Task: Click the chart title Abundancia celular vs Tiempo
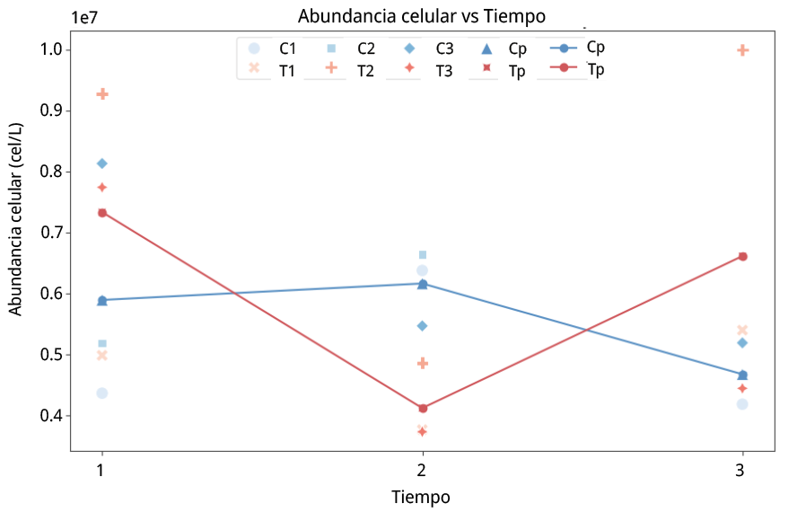[422, 16]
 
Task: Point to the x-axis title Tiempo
[421, 497]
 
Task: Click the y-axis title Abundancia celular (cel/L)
[15, 232]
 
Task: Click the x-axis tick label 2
[422, 470]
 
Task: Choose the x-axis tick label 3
[741, 470]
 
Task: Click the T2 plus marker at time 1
[102, 94]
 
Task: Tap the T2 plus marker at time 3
[742, 50]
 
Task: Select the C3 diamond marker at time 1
[102, 163]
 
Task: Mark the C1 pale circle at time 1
[102, 393]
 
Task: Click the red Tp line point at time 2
[423, 409]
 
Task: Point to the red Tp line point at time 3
[742, 256]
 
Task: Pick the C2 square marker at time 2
[423, 254]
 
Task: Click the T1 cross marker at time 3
[742, 331]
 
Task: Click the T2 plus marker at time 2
[423, 363]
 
